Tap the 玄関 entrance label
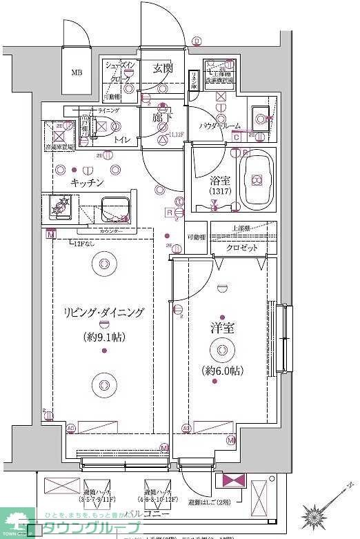pos(163,68)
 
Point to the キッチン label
pos(87,183)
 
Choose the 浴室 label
pos(220,181)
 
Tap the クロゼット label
pos(242,248)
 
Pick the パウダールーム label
pos(220,126)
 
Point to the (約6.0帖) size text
pos(222,371)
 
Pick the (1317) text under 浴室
pos(220,191)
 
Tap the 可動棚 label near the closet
pos(195,237)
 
